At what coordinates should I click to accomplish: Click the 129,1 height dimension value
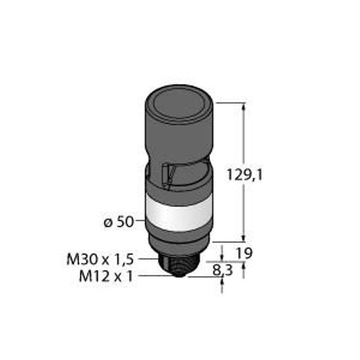(x=244, y=175)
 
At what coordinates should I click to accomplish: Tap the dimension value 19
(x=244, y=253)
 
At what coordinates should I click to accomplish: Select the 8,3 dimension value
(x=223, y=270)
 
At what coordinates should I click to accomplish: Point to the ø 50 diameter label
(x=119, y=222)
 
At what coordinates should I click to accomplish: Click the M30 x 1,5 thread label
(x=100, y=260)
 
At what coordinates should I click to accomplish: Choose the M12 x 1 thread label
(x=106, y=276)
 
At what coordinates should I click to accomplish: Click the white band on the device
(x=178, y=214)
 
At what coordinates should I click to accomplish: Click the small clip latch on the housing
(x=168, y=176)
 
